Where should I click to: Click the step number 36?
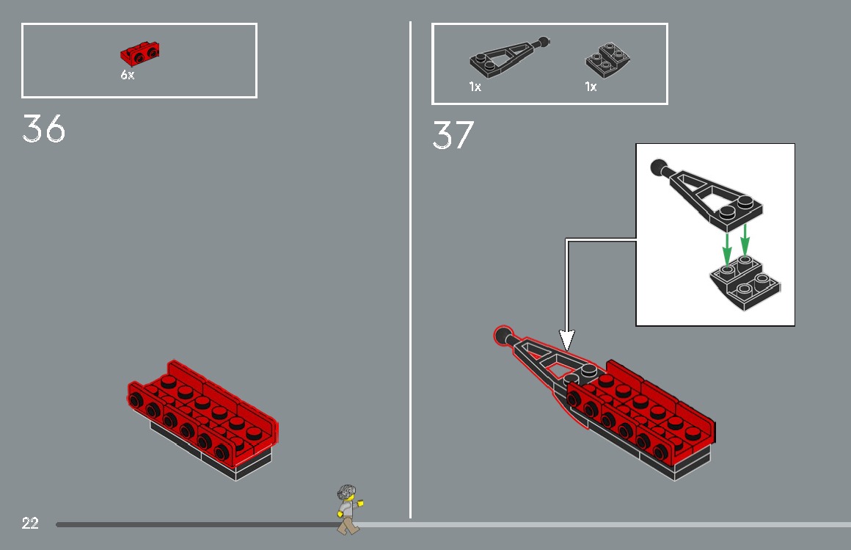(44, 129)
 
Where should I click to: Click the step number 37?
(453, 135)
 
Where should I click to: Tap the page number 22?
(30, 524)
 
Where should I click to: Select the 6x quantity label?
(128, 75)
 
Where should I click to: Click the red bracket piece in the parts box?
(140, 53)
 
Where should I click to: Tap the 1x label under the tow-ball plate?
(475, 87)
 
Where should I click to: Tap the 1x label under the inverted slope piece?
(591, 87)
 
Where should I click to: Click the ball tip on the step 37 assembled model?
(503, 336)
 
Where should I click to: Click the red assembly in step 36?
(202, 419)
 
